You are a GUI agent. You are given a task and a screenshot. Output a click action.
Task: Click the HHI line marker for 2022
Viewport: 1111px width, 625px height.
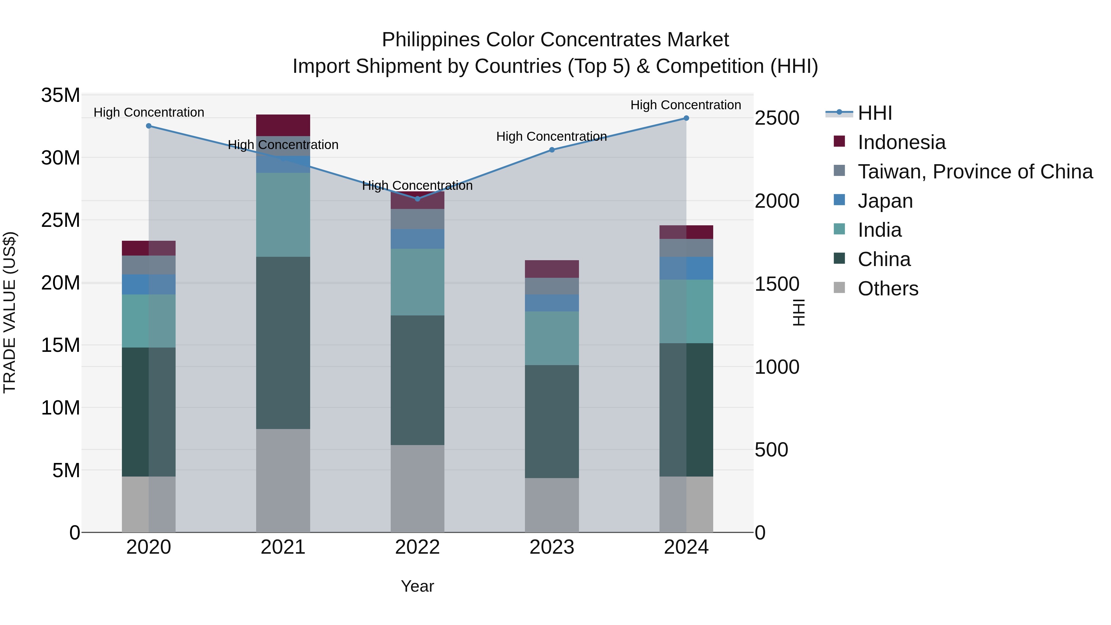[x=417, y=199]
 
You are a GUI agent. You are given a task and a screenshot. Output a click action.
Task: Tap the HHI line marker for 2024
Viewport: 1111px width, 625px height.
[x=686, y=118]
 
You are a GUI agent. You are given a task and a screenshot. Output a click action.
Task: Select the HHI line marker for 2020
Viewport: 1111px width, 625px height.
[x=149, y=126]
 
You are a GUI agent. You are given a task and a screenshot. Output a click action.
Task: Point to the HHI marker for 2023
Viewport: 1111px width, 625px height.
[x=551, y=150]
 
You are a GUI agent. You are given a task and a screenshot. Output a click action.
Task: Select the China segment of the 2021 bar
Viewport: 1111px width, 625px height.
[x=283, y=343]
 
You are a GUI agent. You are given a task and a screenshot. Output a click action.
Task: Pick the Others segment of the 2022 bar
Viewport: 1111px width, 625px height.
[x=417, y=488]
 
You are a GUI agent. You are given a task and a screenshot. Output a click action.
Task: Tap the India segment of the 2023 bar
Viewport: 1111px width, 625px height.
[x=551, y=338]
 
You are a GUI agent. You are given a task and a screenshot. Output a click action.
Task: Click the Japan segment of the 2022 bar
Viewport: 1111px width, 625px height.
[x=417, y=239]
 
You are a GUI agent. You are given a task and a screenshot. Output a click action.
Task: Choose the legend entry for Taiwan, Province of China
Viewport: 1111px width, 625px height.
[x=975, y=172]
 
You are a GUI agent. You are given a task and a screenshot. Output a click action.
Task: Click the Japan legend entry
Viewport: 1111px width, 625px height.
[x=885, y=201]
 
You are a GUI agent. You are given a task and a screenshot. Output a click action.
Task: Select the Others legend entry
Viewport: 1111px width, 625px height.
[x=888, y=289]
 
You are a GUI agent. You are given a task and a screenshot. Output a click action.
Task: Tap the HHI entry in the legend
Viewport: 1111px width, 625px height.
[x=875, y=113]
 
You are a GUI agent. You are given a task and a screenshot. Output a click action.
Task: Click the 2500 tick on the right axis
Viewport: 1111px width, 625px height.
[x=777, y=118]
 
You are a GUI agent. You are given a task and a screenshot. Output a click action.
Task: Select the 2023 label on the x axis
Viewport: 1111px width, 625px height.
[x=551, y=547]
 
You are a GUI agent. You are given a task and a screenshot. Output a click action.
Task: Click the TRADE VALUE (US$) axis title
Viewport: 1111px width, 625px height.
[x=10, y=312]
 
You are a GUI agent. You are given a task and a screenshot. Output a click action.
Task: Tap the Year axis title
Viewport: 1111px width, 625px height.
[x=417, y=586]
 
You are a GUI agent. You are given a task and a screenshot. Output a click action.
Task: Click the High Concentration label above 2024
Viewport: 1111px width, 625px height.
[x=685, y=105]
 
